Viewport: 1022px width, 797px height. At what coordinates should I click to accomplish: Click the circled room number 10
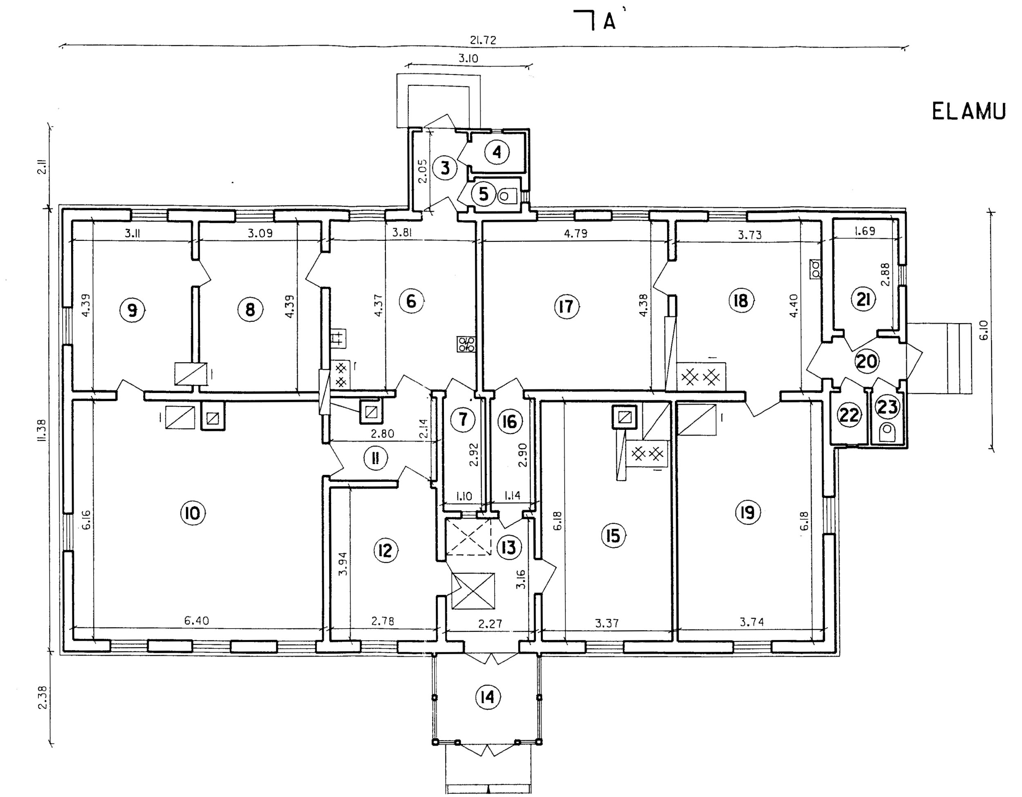point(193,513)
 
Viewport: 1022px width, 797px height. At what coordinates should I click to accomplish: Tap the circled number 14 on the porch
point(488,697)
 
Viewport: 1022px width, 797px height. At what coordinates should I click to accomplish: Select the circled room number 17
point(566,307)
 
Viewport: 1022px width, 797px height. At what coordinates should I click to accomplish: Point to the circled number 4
point(497,152)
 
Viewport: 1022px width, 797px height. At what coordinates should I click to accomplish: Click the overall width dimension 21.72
point(483,40)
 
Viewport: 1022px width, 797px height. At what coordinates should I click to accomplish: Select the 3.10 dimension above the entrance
point(468,58)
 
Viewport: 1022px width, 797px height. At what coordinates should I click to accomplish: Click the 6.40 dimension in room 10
point(197,621)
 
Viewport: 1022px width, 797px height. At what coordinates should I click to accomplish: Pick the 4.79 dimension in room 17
point(576,233)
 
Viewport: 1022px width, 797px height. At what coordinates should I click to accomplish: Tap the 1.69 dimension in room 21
point(865,231)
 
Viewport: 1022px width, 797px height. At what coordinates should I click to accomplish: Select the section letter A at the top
point(609,21)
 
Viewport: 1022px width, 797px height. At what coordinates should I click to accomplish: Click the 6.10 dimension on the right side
point(983,330)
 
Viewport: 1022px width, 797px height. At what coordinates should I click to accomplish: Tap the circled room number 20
point(867,361)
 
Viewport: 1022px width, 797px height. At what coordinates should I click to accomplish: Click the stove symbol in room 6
point(466,344)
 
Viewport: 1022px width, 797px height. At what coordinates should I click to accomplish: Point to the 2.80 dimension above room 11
point(382,434)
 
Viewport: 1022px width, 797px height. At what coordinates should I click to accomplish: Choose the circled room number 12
point(385,550)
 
